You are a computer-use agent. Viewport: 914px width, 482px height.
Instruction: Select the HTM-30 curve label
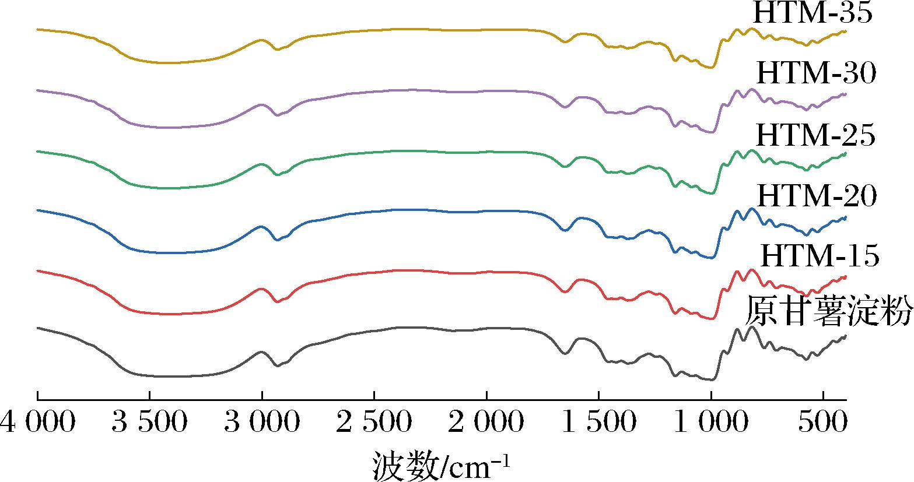pos(816,74)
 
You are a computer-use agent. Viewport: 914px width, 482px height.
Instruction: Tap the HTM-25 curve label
pos(815,135)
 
